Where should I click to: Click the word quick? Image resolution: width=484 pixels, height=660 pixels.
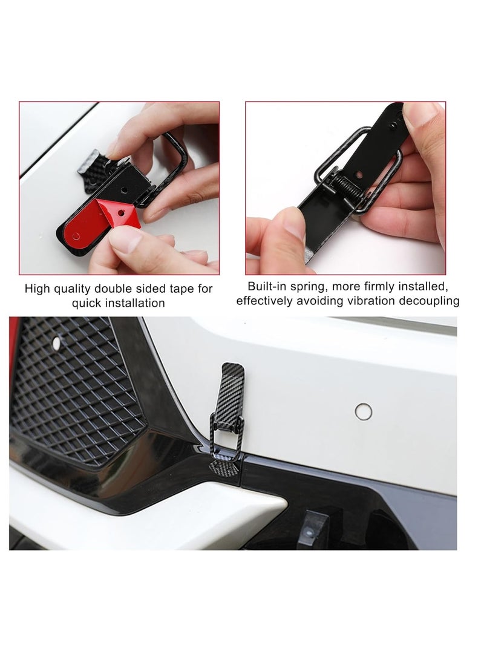pos(87,303)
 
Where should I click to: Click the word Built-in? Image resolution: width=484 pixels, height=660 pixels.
pos(269,286)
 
